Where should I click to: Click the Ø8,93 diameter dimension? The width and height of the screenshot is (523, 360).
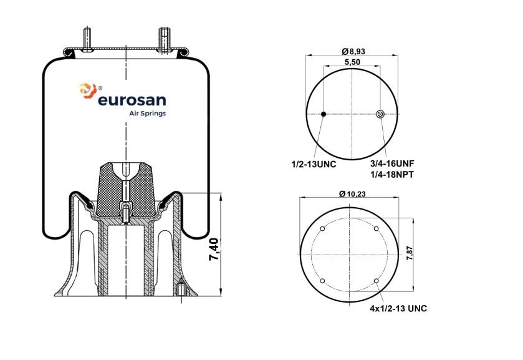[x=353, y=51]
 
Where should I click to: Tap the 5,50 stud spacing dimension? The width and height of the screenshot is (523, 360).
[x=352, y=62]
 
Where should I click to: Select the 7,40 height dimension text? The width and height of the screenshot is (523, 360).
[x=213, y=250]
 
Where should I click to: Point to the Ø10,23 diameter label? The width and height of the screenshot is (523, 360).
[x=352, y=193]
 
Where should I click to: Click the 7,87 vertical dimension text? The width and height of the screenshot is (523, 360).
[x=410, y=253]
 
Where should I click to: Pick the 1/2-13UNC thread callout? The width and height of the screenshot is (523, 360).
[x=314, y=164]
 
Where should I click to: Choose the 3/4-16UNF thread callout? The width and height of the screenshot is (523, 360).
[x=392, y=163]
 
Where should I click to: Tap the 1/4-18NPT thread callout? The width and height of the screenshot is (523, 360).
[x=392, y=174]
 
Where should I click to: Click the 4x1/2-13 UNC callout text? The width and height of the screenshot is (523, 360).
[x=398, y=308]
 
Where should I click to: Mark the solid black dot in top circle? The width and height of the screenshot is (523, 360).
[x=323, y=114]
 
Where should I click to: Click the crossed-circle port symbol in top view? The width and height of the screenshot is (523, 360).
[x=380, y=114]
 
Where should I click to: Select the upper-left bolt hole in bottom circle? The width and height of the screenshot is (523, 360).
[x=322, y=229]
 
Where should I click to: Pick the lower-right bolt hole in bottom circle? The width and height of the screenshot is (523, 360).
[x=377, y=281]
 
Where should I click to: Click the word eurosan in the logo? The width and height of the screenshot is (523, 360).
[x=132, y=100]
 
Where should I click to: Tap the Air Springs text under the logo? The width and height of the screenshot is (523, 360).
[x=148, y=114]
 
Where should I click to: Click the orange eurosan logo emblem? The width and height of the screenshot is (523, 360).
[x=88, y=90]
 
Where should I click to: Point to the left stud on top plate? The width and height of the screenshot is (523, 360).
[x=87, y=39]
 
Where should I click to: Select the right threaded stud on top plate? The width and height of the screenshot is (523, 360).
[x=164, y=40]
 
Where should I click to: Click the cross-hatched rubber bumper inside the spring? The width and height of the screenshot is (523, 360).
[x=125, y=189]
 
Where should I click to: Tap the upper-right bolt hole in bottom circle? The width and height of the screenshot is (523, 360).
[x=377, y=229]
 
